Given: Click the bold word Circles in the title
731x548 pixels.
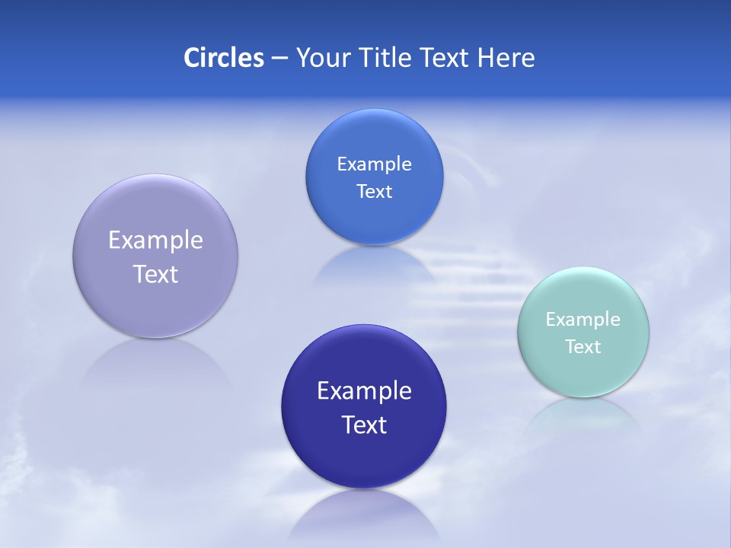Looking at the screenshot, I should (x=224, y=58).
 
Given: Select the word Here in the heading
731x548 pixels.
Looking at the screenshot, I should (x=506, y=58).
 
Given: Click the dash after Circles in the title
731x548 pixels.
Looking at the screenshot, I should (x=279, y=59).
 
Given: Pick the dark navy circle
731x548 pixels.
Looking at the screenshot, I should (x=364, y=457).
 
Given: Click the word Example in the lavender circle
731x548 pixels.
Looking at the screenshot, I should (x=155, y=241).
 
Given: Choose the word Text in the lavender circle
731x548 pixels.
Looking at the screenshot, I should (x=155, y=274).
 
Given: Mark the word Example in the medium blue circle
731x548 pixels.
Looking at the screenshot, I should (x=374, y=164).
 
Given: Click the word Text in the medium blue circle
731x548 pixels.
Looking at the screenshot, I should (x=374, y=192).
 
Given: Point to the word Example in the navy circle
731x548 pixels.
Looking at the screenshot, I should (x=364, y=391).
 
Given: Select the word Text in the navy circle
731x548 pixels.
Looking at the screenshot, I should (x=364, y=425).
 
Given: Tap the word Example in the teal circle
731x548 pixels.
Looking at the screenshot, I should (x=583, y=320).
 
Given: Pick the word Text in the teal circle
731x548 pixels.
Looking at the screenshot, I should (x=583, y=347).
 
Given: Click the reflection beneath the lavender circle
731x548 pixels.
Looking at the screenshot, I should (x=155, y=365).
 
